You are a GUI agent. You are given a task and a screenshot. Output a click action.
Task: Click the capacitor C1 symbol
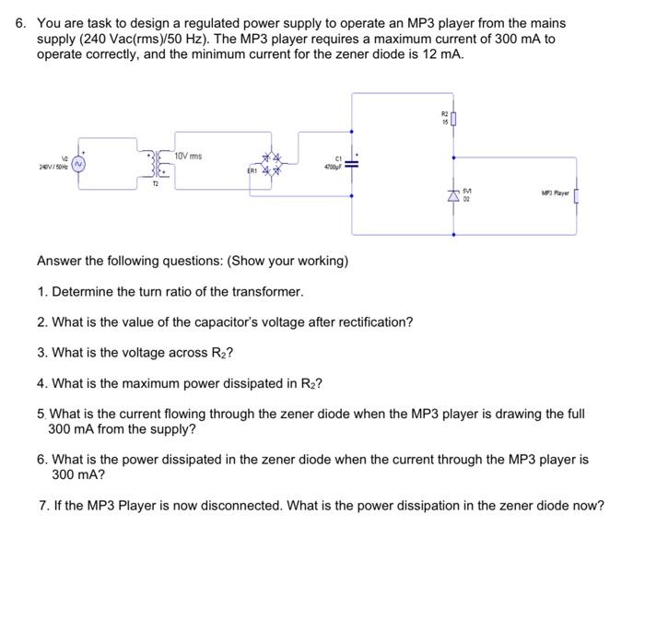click(x=351, y=164)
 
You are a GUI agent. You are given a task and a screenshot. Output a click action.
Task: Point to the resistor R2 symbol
click(x=454, y=117)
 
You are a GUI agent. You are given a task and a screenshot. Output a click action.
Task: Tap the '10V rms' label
click(x=189, y=156)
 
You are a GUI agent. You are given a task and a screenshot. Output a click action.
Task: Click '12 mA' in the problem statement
click(x=443, y=54)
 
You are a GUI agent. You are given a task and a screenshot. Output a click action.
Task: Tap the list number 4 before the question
click(x=42, y=383)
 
